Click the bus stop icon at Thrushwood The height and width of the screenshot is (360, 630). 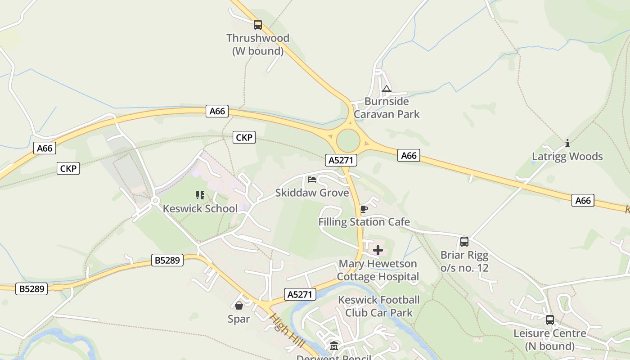coord(257,25)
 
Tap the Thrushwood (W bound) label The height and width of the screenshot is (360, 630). coord(258,45)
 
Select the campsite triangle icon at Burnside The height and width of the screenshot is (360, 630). coord(386,89)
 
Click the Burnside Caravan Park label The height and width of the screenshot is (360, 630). coord(387,108)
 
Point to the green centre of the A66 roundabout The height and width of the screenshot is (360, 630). coord(348,141)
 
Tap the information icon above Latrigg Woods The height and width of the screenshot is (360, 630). coord(567,144)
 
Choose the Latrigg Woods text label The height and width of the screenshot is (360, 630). coord(567,157)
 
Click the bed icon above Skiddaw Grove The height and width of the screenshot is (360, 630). coord(312,180)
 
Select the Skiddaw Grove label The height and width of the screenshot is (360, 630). coord(312,193)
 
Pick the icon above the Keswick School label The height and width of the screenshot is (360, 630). coord(200,195)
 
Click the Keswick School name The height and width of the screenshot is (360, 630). coord(200,208)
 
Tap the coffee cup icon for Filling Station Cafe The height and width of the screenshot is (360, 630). coord(364,209)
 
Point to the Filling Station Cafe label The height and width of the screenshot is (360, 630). coord(364,222)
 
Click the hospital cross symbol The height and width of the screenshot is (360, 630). coord(378,250)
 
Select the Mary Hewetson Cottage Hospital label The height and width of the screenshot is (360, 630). coord(378,270)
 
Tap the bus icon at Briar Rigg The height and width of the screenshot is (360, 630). coord(464,242)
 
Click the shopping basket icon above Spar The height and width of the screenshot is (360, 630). coord(238,306)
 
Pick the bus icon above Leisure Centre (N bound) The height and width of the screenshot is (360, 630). coord(550,320)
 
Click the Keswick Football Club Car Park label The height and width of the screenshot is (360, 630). coord(379,306)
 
